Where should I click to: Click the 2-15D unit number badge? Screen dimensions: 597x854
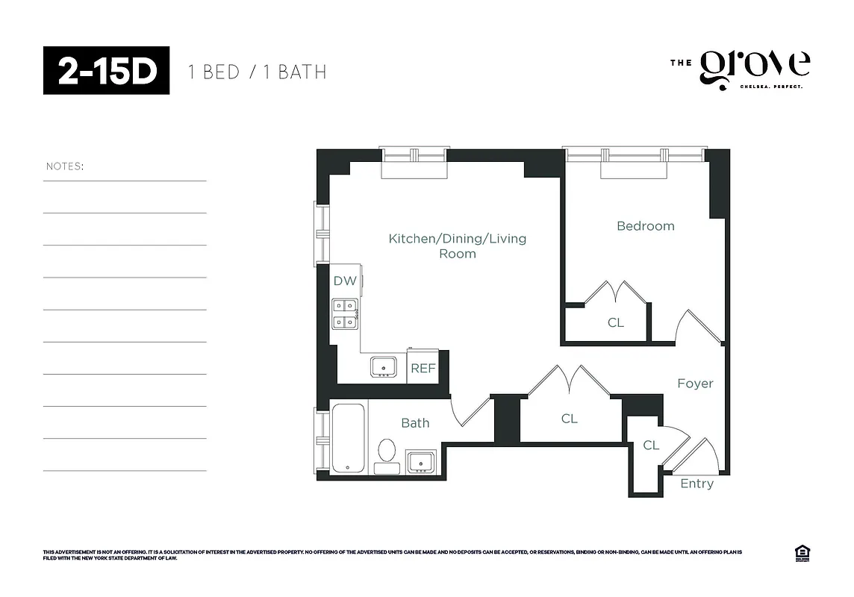click(x=106, y=70)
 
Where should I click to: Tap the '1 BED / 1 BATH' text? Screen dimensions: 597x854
click(x=257, y=72)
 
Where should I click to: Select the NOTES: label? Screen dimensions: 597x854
click(x=65, y=166)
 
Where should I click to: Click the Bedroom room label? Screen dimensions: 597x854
click(x=645, y=226)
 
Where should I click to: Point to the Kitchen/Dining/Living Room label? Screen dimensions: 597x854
click(x=457, y=246)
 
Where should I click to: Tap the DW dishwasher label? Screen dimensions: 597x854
click(x=344, y=281)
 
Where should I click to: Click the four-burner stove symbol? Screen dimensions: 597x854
click(x=345, y=313)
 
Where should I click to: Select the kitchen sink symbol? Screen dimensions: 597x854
click(x=384, y=366)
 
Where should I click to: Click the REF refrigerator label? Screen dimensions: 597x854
click(x=423, y=369)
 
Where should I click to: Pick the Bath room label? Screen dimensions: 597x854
click(x=415, y=423)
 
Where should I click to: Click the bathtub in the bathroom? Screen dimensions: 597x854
click(x=348, y=438)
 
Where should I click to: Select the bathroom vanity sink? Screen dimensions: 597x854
click(x=420, y=461)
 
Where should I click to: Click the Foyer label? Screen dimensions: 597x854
click(x=695, y=384)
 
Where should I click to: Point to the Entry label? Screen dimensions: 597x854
click(x=696, y=484)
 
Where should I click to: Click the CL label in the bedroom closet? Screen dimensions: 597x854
click(x=615, y=322)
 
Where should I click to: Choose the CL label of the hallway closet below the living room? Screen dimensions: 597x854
click(x=569, y=419)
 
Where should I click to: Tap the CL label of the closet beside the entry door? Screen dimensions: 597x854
click(x=651, y=446)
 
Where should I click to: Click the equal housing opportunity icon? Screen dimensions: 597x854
click(x=803, y=553)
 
